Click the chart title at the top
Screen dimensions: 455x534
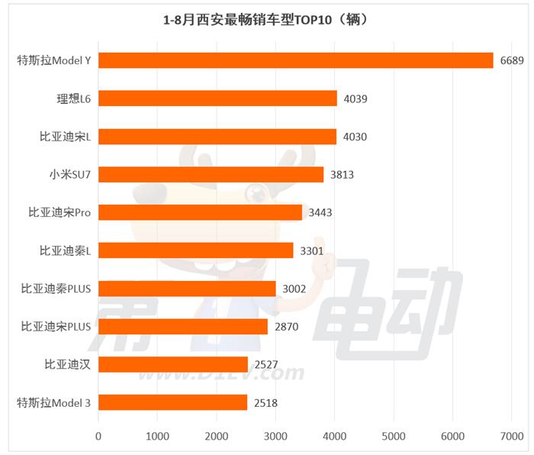(x=266, y=20)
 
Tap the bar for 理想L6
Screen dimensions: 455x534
(x=217, y=98)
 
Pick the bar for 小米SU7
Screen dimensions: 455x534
(x=211, y=174)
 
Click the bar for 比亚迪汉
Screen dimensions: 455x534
(x=173, y=364)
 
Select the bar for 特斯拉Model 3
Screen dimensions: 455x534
(x=172, y=402)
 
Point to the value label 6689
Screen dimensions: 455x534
(x=512, y=60)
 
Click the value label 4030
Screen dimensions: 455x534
(x=355, y=137)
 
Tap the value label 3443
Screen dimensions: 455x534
(x=320, y=212)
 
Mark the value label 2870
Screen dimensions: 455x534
(x=286, y=327)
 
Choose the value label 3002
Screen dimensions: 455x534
(x=294, y=289)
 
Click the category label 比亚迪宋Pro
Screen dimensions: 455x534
(x=65, y=212)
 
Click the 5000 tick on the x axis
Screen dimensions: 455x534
(x=394, y=436)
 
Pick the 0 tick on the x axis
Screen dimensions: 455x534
(x=98, y=436)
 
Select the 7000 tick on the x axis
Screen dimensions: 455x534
(x=512, y=436)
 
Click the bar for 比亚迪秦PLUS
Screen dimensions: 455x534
(x=187, y=289)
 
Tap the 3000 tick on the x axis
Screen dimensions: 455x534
(x=275, y=436)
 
